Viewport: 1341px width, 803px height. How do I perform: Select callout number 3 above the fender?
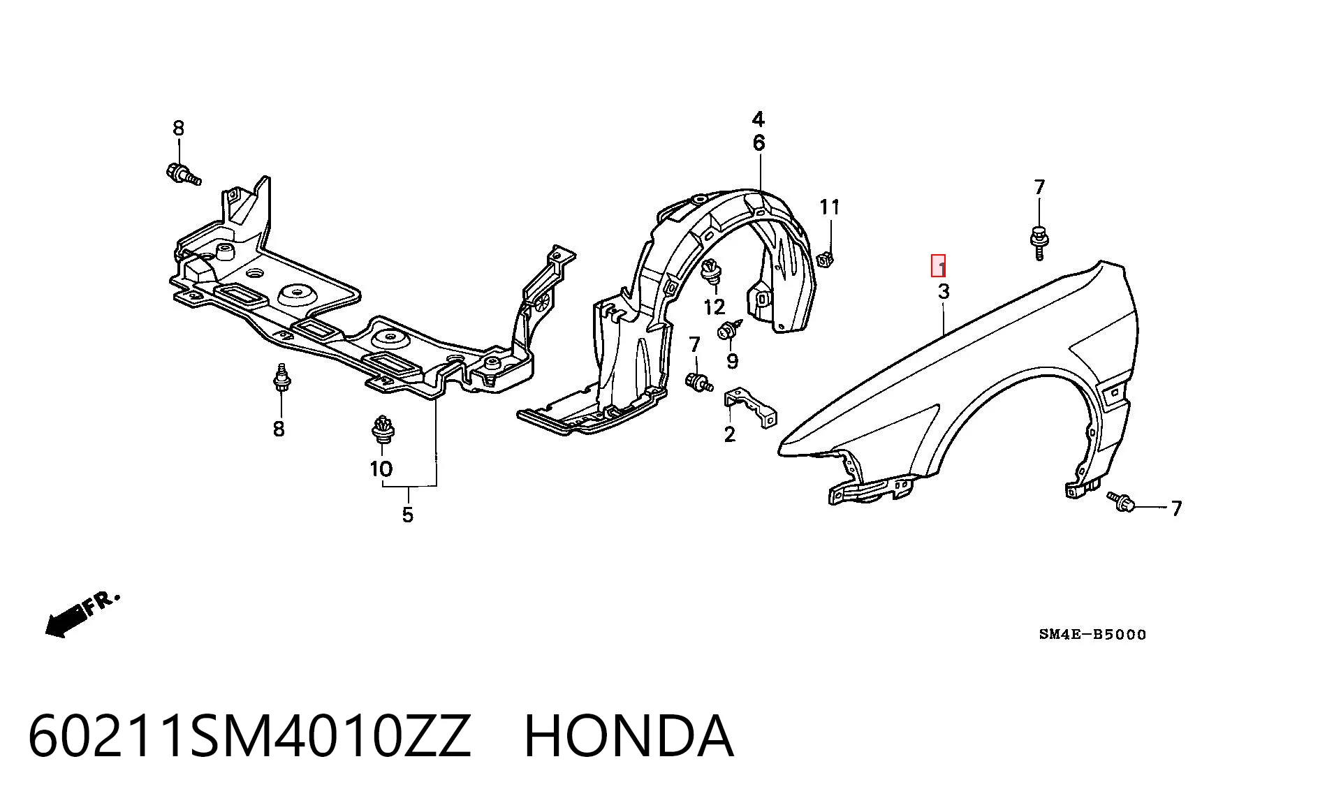(944, 291)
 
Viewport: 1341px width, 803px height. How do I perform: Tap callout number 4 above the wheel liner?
(759, 119)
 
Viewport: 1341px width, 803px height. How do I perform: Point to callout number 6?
(759, 143)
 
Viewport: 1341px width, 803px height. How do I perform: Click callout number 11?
(830, 207)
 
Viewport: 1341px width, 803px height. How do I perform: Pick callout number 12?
(715, 307)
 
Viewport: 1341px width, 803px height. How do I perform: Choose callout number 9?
(732, 361)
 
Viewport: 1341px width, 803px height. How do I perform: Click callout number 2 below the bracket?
(730, 434)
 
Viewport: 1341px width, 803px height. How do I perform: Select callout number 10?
(381, 469)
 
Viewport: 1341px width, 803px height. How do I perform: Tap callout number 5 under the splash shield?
(408, 515)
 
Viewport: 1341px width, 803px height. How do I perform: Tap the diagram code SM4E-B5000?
(1092, 634)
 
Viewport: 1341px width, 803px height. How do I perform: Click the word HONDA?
(629, 736)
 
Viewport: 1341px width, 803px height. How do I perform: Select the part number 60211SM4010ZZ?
(250, 736)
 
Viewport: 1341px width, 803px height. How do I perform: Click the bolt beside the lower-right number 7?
(1122, 500)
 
